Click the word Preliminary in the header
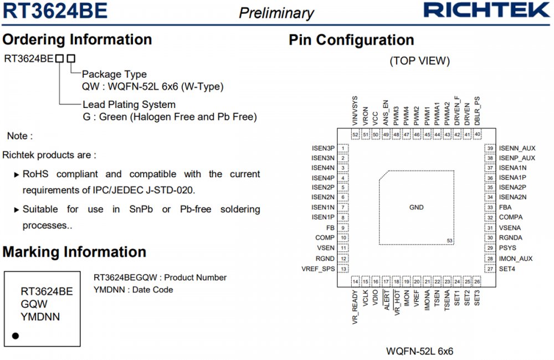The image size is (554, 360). tap(276, 13)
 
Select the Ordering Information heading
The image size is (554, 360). tap(77, 40)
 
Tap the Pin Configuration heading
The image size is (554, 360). tap(351, 40)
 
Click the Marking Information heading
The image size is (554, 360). tap(74, 253)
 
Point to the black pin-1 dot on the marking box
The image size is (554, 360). tap(16, 336)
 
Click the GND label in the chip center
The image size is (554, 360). tap(416, 207)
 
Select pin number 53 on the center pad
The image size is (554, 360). tap(449, 240)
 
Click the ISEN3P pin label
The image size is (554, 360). tap(323, 148)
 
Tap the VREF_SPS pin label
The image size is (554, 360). tap(318, 269)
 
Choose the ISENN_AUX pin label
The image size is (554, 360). tap(517, 148)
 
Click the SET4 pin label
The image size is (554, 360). tap(507, 269)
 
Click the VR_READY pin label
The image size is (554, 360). tap(355, 307)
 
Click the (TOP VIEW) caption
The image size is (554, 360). tap(419, 61)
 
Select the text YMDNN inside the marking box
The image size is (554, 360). tap(40, 317)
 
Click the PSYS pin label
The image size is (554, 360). tap(507, 248)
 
